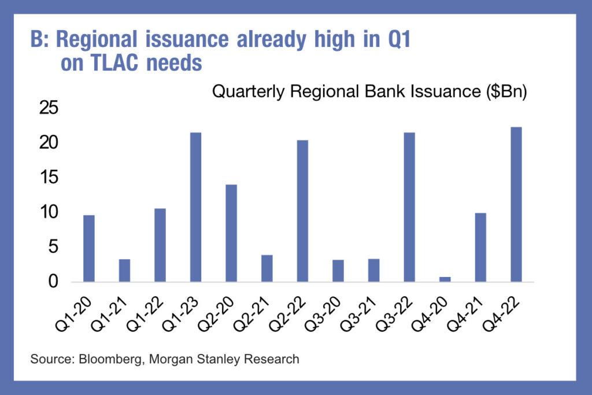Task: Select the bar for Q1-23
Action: [196, 207]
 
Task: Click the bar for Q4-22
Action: [516, 204]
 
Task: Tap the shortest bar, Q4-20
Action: [445, 279]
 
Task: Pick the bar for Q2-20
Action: [231, 233]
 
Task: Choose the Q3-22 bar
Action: [409, 207]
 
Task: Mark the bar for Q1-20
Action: [89, 248]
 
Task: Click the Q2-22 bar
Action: [302, 211]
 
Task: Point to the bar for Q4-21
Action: [480, 248]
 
